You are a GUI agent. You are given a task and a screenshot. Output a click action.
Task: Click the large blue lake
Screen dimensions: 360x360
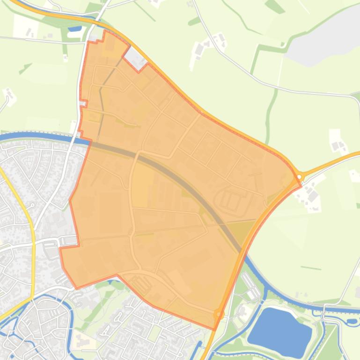280,326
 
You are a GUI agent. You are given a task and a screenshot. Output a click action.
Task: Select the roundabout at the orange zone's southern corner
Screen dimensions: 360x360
218,314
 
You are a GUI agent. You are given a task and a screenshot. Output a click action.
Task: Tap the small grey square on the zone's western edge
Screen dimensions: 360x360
83,103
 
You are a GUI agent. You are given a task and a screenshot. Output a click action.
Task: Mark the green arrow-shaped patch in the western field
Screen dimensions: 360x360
24,69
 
